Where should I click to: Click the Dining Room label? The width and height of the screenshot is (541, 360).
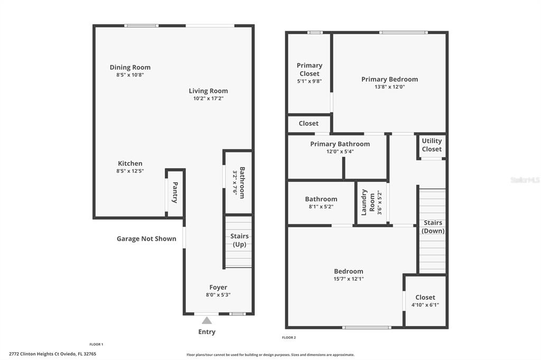[130, 67]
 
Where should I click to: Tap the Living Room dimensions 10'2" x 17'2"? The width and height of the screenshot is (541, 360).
[208, 98]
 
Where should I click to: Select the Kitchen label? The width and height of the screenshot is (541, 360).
[130, 164]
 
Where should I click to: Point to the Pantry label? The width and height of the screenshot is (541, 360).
[175, 193]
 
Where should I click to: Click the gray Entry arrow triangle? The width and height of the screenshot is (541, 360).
[207, 321]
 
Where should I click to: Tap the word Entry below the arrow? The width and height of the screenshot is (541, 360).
[207, 331]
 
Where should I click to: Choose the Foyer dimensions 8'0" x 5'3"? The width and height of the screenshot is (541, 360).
[218, 295]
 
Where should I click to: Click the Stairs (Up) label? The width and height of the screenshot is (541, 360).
[239, 240]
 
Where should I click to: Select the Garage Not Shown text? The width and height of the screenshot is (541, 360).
[146, 239]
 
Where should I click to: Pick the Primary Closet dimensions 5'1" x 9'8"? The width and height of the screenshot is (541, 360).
[310, 81]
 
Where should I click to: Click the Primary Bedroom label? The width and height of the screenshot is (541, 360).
[389, 79]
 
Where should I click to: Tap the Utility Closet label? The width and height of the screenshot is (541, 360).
[432, 145]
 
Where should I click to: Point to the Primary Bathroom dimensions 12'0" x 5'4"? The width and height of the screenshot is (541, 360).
[340, 151]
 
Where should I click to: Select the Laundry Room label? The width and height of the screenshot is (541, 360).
[368, 202]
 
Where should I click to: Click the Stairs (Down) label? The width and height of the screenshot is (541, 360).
[433, 227]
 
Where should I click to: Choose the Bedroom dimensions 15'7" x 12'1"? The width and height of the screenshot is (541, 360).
[349, 279]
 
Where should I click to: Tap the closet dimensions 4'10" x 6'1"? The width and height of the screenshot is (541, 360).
[425, 305]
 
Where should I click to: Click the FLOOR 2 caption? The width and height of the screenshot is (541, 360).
[289, 338]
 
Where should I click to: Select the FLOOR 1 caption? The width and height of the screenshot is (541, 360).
[96, 344]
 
